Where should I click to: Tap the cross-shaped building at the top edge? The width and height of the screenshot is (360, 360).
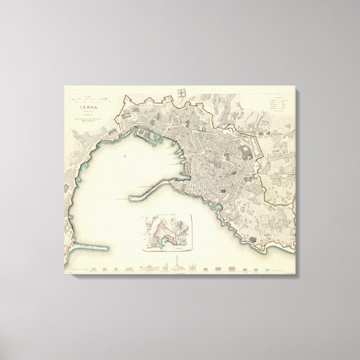click(x=182, y=93)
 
